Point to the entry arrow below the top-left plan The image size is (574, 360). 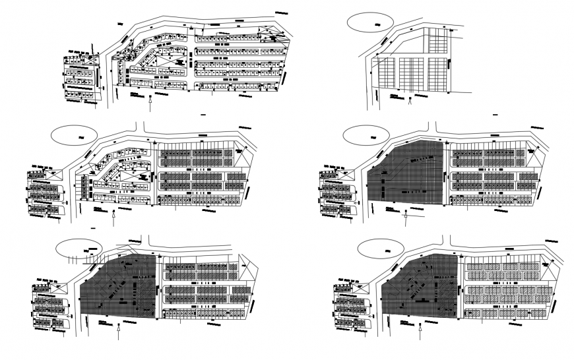pos(152,100)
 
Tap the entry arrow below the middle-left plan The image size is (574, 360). pos(115,215)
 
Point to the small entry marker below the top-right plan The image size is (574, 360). pos(410,101)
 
